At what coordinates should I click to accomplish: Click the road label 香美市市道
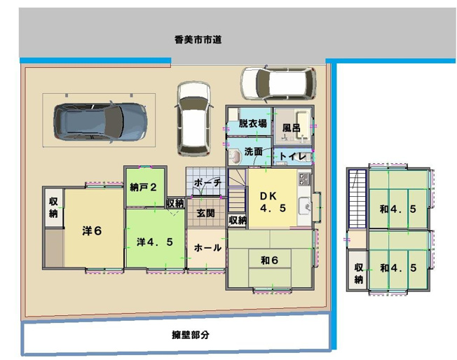pyautogui.click(x=198, y=40)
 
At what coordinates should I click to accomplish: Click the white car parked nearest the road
pyautogui.click(x=269, y=83)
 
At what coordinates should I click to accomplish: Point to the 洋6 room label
pyautogui.click(x=92, y=231)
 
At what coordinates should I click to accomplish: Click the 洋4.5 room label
pyautogui.click(x=154, y=242)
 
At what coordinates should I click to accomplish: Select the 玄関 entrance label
pyautogui.click(x=205, y=212)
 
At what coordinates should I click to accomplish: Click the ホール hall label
pyautogui.click(x=207, y=248)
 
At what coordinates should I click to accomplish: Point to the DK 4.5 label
pyautogui.click(x=272, y=202)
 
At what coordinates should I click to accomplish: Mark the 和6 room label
pyautogui.click(x=270, y=261)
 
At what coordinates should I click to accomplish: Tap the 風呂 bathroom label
pyautogui.click(x=292, y=129)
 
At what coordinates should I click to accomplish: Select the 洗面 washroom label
pyautogui.click(x=253, y=151)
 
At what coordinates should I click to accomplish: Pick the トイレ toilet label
pyautogui.click(x=292, y=156)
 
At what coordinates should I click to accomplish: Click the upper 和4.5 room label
pyautogui.click(x=398, y=208)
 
